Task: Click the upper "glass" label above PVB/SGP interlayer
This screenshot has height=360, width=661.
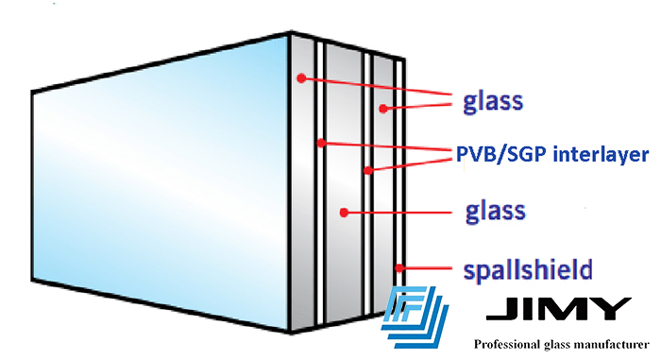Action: pyautogui.click(x=494, y=100)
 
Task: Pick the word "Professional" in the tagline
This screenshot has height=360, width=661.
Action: pyautogui.click(x=510, y=345)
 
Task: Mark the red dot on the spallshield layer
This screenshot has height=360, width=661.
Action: pyautogui.click(x=401, y=267)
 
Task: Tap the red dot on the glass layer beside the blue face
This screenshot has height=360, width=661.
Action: pyautogui.click(x=300, y=77)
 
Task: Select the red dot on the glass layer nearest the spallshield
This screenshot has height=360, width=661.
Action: pyautogui.click(x=381, y=109)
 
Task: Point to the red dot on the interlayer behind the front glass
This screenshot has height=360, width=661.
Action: pyautogui.click(x=321, y=143)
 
